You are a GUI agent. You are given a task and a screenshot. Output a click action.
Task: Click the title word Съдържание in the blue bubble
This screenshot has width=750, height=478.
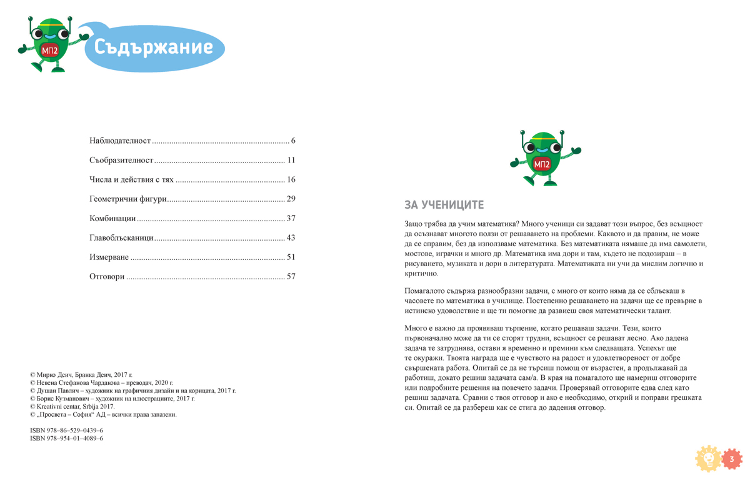pos(154,47)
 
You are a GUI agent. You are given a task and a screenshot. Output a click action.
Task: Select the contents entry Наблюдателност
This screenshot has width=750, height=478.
pos(120,141)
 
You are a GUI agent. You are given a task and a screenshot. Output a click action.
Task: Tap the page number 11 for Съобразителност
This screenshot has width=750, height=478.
pos(291,161)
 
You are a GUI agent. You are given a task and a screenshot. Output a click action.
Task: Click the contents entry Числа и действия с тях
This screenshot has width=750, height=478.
pos(131,180)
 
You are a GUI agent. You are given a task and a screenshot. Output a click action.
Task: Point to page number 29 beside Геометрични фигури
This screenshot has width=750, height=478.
pos(291,199)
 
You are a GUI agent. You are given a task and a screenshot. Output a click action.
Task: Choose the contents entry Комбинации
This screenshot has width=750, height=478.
pos(112,219)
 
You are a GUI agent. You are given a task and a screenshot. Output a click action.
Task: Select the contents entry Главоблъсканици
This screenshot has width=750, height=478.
pos(121,238)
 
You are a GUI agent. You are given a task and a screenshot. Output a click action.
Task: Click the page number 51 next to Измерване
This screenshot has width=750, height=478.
pos(291,257)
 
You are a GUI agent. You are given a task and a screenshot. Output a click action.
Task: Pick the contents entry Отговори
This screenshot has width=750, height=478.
pos(107,277)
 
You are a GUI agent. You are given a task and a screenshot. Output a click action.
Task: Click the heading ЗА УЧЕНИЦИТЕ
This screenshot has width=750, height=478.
pos(444,205)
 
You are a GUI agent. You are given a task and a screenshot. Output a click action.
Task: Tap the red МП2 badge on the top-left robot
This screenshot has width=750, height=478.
pos(49,51)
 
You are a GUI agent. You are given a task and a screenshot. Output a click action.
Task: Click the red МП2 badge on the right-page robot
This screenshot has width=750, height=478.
pos(541,164)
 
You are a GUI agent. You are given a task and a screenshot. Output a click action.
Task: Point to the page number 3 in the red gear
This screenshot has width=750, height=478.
pos(732,459)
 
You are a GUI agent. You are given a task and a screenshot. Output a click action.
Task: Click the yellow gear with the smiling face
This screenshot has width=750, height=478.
pos(709,459)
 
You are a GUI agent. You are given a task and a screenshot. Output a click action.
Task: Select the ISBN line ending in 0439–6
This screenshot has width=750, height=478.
pos(67,431)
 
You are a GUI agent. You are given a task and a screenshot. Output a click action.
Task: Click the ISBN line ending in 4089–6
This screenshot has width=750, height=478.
pos(67,439)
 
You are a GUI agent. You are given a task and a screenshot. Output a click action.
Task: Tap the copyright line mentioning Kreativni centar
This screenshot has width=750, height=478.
pos(72,407)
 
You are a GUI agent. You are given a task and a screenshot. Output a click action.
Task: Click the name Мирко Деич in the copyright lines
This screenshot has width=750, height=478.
pos(55,374)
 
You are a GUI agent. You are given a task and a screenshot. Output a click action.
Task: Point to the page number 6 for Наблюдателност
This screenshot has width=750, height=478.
pos(293,141)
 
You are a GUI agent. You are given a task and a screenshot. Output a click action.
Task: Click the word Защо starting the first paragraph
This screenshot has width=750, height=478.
pos(414,224)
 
